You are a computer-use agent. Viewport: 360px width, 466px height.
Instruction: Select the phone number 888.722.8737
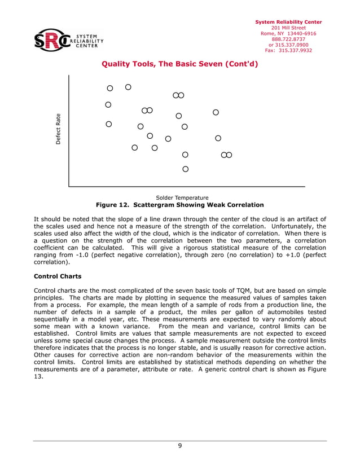[288, 39]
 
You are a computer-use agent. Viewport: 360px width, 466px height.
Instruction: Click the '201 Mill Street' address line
[288, 28]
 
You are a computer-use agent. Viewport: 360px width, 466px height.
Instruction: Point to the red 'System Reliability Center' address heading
[288, 22]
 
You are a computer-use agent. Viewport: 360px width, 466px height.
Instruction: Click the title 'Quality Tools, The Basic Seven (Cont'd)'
[179, 64]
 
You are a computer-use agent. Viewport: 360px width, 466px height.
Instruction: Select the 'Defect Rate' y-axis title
[58, 129]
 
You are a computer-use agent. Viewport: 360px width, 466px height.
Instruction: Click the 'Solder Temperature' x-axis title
[182, 197]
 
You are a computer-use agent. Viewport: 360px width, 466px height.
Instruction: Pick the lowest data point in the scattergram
[185, 169]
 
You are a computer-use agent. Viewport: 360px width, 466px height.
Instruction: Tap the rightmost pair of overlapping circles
[227, 155]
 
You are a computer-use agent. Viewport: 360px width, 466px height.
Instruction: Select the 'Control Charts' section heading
[58, 276]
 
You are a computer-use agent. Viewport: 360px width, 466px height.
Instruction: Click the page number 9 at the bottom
[179, 446]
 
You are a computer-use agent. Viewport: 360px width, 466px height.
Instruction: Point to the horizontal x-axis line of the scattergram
[186, 186]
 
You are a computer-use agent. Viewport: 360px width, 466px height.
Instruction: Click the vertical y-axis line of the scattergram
[69, 130]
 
